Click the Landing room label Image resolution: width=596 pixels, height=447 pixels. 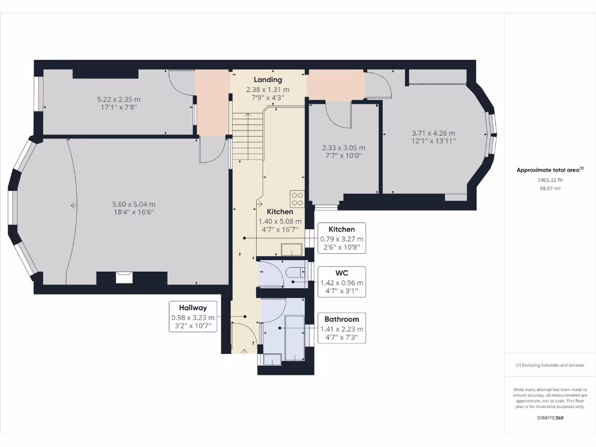tap(268, 80)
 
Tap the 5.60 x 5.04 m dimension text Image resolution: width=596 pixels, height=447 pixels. tap(134, 204)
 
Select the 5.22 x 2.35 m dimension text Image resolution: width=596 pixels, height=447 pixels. tap(119, 100)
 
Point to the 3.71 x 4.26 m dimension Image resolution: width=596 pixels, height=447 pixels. tap(433, 133)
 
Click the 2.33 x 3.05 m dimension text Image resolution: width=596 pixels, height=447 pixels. tap(343, 148)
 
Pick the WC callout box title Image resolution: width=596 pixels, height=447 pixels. tap(342, 273)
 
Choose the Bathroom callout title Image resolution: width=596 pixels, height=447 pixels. tap(342, 320)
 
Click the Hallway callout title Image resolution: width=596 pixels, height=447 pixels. tap(193, 307)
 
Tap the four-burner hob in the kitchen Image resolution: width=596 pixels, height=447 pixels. tap(297, 199)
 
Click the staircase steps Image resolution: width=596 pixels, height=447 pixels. tap(248, 136)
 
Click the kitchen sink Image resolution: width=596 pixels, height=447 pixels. tap(292, 250)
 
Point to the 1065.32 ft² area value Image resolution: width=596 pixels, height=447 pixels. tap(550, 180)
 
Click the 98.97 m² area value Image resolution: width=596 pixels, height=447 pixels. tap(550, 189)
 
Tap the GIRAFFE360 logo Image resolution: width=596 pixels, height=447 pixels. tap(550, 418)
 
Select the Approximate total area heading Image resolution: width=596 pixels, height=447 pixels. tap(549, 169)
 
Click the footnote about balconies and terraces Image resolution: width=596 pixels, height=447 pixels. tap(550, 366)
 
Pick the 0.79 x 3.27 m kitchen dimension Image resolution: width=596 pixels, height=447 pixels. tap(342, 239)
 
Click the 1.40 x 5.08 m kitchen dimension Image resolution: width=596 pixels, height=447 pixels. tap(280, 222)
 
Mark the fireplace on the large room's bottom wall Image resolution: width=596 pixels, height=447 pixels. tap(125, 278)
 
